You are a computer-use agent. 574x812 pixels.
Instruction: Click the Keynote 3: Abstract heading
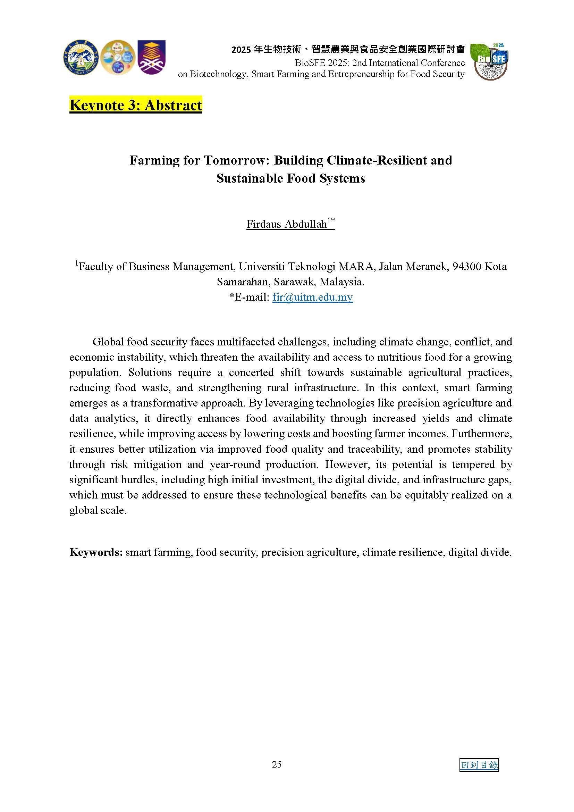click(136, 105)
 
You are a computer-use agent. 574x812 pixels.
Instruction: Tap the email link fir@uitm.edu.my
click(312, 297)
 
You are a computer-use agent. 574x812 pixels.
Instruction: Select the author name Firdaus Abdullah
click(287, 224)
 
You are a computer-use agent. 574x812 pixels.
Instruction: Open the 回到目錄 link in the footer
click(479, 764)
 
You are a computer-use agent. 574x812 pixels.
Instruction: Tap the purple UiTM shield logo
click(151, 57)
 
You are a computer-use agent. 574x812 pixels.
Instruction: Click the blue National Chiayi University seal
click(81, 57)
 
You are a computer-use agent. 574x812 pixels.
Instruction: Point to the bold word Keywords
click(96, 552)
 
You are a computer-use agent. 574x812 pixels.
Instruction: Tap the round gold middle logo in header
click(117, 57)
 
